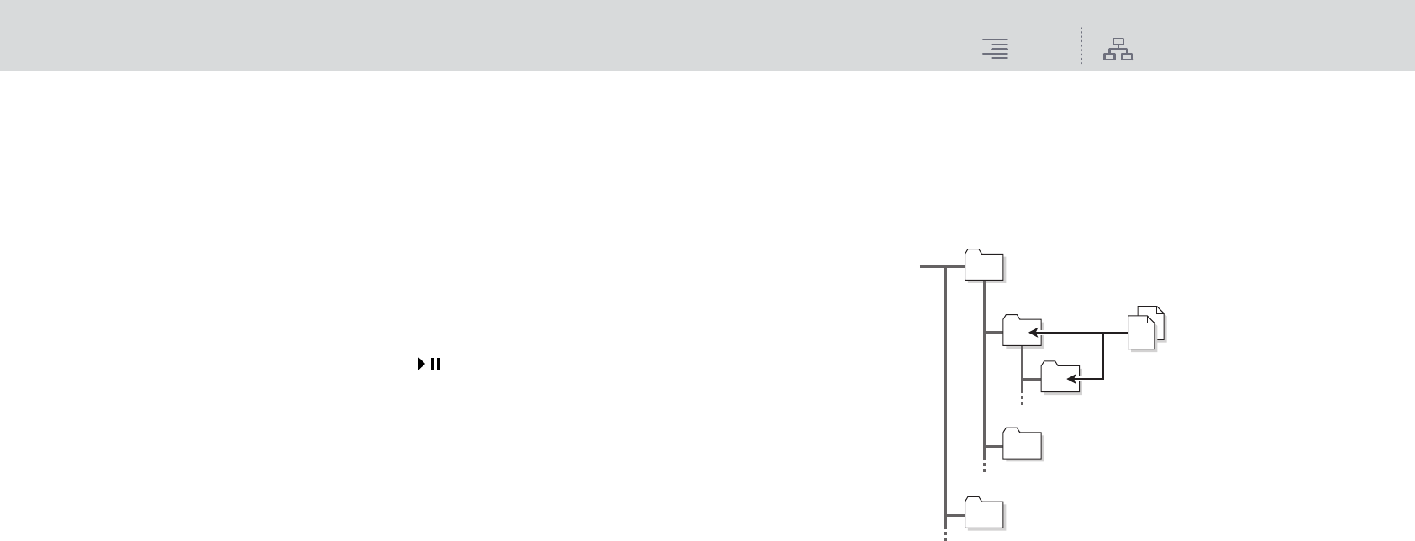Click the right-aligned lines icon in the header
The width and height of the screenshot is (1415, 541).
996,50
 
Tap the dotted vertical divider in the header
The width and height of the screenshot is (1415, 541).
1081,46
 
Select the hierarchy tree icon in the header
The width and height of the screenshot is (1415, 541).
1118,50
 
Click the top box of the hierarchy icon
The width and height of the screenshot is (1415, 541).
1118,42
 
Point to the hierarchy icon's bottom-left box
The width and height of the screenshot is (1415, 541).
1109,57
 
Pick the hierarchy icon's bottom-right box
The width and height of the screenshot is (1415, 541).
1127,57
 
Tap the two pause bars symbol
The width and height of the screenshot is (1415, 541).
436,364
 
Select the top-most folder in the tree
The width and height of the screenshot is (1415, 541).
984,265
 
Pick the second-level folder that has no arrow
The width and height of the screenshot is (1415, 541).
1023,444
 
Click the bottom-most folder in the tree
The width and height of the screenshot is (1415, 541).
984,513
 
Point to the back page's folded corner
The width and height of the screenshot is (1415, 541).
1160,311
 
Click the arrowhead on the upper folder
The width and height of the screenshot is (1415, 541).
1033,333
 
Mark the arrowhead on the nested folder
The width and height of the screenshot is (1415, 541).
1071,379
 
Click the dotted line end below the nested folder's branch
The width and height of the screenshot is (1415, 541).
1022,401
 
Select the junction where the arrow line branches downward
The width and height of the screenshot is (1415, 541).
1102,333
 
